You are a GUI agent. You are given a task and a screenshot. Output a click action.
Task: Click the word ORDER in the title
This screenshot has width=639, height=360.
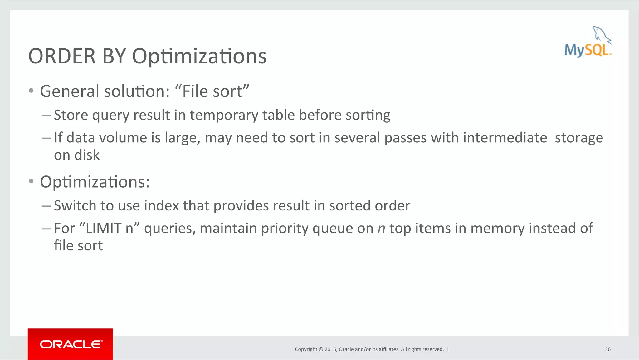[62, 57]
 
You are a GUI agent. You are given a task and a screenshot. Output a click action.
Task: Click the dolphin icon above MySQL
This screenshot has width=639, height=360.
[601, 34]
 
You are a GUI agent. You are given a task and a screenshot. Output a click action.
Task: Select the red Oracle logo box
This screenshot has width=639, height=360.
[70, 344]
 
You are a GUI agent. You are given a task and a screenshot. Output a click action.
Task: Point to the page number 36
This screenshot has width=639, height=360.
[607, 349]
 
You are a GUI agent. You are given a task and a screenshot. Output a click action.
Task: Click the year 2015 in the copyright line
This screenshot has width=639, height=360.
[330, 349]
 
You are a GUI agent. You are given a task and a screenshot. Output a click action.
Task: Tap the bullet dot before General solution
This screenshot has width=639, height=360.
[31, 91]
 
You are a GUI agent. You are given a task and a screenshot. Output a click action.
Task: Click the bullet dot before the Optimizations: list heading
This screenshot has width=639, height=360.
[31, 181]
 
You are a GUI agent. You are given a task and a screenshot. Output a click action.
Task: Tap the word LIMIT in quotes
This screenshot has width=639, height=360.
[103, 229]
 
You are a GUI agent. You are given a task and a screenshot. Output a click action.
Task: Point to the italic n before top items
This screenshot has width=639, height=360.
[381, 229]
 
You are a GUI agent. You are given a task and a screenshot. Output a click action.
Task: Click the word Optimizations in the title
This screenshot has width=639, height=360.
[199, 57]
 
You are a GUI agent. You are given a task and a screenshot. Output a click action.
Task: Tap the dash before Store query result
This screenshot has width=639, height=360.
[46, 115]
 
